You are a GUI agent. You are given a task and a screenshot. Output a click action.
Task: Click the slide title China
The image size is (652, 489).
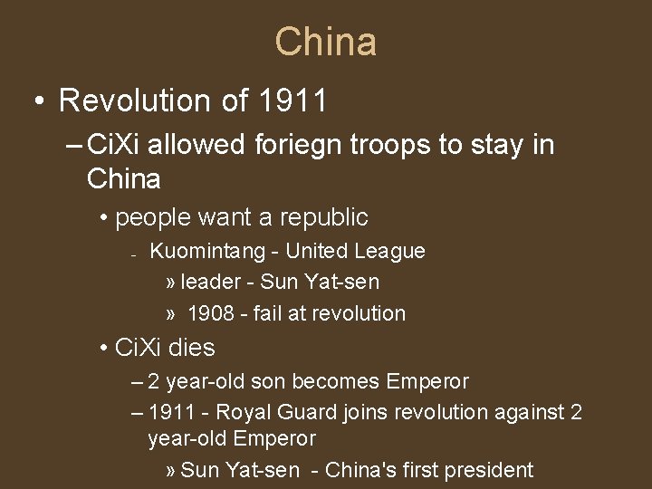point(326,42)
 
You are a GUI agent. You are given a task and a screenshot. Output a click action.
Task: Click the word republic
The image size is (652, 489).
point(324,217)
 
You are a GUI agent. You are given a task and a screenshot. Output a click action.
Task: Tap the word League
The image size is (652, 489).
point(390,251)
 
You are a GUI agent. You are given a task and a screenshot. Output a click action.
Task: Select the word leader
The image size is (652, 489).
point(210,282)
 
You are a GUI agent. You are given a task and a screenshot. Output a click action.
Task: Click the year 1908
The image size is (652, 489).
point(210,313)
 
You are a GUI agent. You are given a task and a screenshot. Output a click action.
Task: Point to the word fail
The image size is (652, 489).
point(268,313)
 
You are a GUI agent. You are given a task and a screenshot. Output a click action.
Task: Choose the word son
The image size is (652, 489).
point(276,381)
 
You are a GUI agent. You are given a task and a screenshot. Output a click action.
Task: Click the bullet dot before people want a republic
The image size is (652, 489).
point(105,218)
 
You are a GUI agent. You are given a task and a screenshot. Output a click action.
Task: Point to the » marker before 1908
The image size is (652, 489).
point(171,314)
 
